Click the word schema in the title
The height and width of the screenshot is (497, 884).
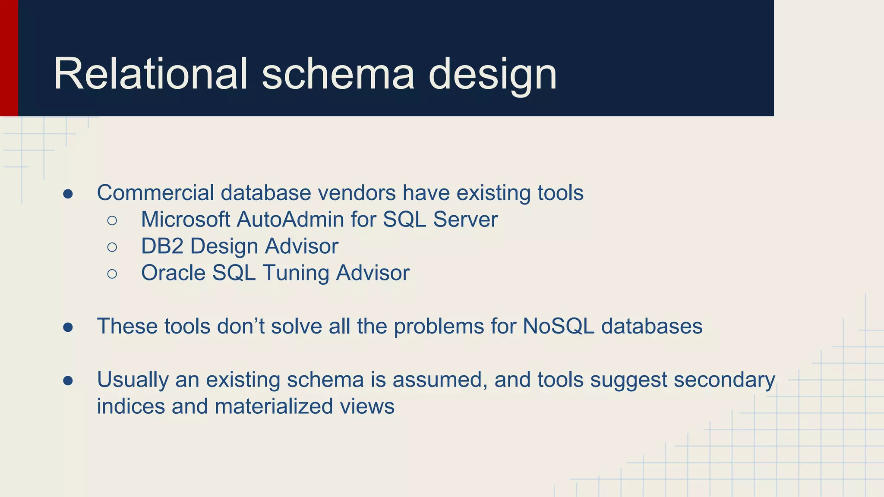pos(338,74)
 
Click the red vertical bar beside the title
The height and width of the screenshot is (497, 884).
pos(9,58)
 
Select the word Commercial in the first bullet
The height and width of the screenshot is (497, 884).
pos(155,193)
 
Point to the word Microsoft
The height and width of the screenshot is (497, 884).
pos(186,220)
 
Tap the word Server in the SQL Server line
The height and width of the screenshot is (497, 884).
pos(465,220)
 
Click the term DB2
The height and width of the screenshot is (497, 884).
pos(162,246)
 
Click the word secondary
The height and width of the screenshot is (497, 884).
pos(724,381)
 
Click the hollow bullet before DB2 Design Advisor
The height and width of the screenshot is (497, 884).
pos(112,247)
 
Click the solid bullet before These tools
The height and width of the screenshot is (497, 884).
pos(68,327)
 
